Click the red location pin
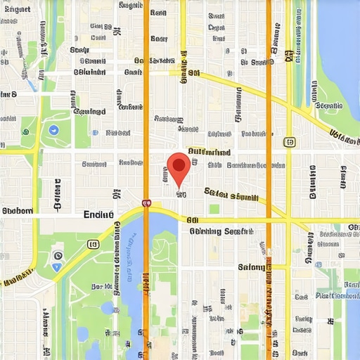(x=179, y=167)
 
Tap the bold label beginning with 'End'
(x=98, y=214)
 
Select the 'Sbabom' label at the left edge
(x=18, y=210)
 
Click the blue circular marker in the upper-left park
(x=53, y=129)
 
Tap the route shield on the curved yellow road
(x=92, y=244)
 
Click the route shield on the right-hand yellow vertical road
(x=289, y=142)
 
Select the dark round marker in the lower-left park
(x=58, y=257)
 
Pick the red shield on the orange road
(x=146, y=202)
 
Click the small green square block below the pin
(x=214, y=209)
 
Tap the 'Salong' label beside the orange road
(x=252, y=267)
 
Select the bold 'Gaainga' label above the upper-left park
(x=89, y=111)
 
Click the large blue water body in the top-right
(x=341, y=42)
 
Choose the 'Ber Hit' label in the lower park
(x=103, y=287)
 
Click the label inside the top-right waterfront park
(x=329, y=105)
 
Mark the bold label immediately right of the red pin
(x=209, y=152)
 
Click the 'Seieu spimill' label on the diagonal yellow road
(x=232, y=195)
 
